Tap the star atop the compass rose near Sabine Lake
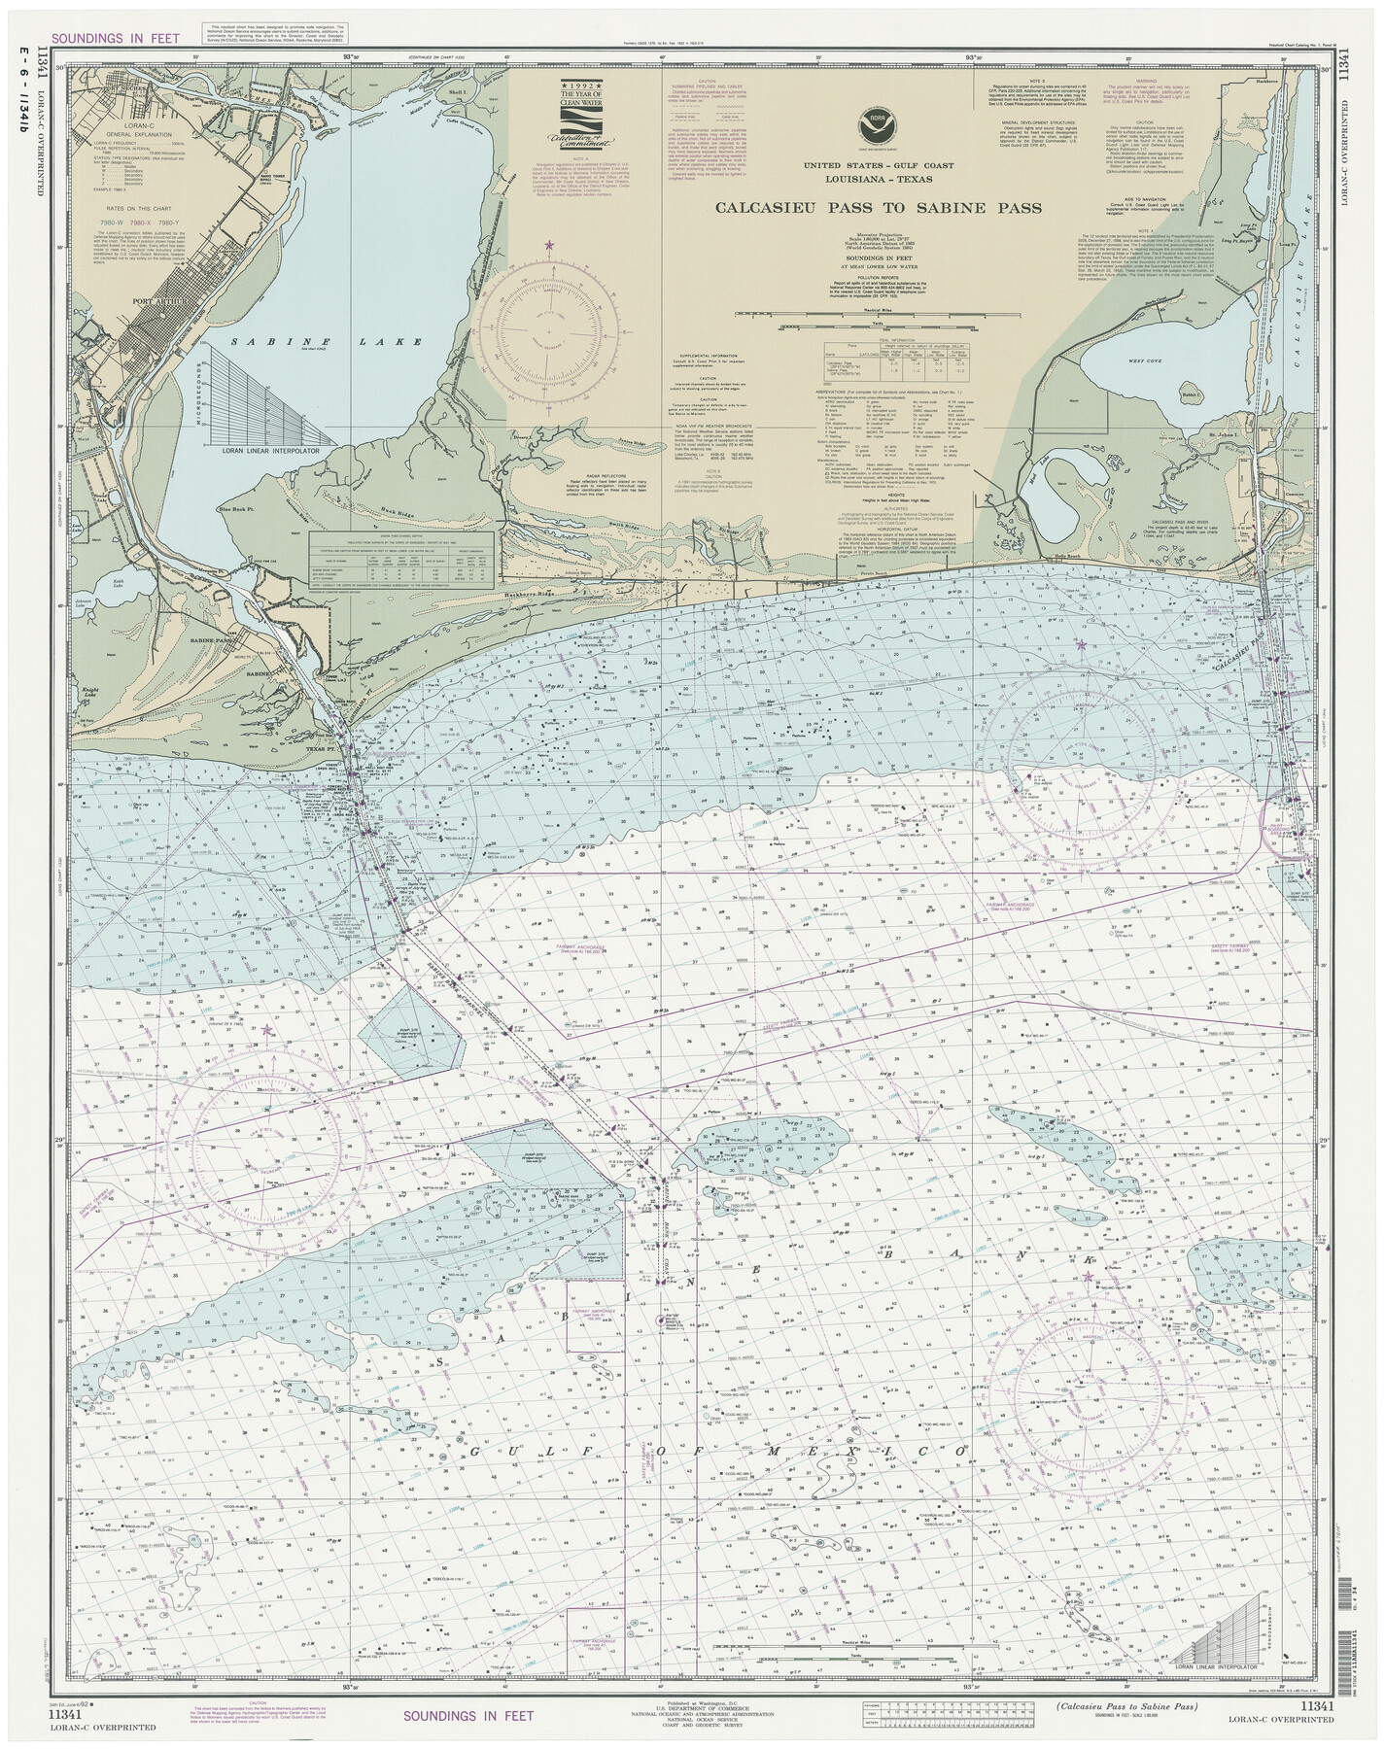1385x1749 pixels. [551, 246]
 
